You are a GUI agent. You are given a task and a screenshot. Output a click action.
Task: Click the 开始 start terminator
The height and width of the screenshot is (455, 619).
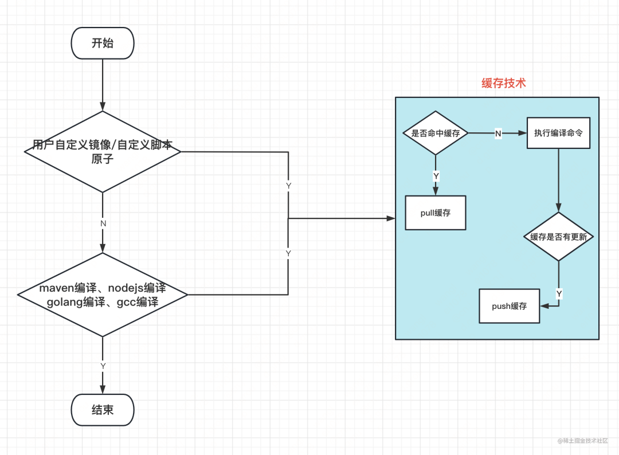point(103,43)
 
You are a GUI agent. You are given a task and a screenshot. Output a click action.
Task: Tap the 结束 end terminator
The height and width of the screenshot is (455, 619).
point(103,410)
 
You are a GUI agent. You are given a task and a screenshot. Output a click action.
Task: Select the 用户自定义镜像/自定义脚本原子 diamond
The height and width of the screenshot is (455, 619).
point(103,152)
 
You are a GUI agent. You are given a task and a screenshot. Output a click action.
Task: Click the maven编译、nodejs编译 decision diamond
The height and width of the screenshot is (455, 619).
point(103,295)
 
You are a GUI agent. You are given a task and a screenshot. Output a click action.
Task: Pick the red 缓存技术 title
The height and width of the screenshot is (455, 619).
point(503,83)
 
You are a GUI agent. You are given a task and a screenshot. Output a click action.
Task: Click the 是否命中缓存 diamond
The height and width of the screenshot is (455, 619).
point(436,133)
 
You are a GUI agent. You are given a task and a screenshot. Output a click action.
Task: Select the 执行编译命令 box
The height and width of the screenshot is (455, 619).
point(558,133)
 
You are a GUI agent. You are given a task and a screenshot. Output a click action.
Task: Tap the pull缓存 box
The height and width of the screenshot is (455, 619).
point(436,213)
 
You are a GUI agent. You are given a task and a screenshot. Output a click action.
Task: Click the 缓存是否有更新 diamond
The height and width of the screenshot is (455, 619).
point(559,237)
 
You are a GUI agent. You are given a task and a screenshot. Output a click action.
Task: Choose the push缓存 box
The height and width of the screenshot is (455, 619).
point(510,306)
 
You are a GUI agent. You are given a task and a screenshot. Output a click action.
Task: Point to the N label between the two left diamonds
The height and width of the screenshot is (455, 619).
point(103,223)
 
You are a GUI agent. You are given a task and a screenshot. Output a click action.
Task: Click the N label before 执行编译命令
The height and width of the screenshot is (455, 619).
point(497,133)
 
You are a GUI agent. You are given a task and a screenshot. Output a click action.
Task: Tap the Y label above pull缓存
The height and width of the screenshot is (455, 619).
point(436,176)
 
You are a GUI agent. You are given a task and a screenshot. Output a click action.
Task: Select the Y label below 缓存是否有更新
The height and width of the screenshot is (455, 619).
point(559,293)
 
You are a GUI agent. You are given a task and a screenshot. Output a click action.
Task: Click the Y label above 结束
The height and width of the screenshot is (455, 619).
point(103,366)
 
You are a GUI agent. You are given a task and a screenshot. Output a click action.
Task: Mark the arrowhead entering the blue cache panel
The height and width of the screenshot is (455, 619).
point(391,218)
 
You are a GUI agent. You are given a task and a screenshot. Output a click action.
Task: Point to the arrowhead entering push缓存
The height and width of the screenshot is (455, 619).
point(544,306)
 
